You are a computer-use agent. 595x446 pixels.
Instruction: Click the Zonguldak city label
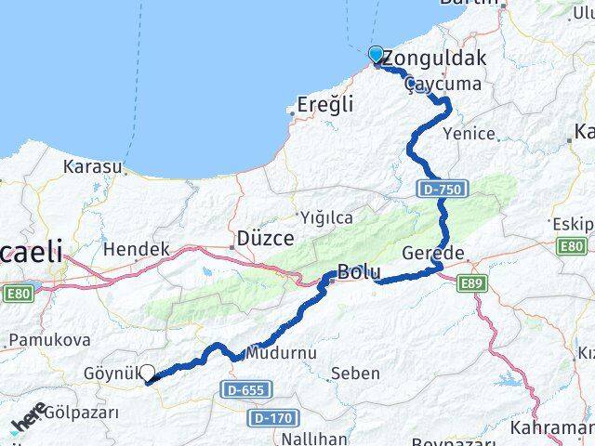tap(434, 59)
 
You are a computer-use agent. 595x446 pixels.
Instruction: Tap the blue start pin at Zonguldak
tap(376, 55)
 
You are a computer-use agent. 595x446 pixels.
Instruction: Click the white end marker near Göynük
tap(147, 374)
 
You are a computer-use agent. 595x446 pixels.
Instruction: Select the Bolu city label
tap(359, 272)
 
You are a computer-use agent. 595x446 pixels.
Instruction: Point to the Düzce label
tap(266, 237)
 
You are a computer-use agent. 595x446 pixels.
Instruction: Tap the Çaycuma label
tap(443, 84)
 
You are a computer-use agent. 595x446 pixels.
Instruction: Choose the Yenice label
tap(469, 133)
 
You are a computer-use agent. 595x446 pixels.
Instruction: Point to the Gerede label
tap(433, 254)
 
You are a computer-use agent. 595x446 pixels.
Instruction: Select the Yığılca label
tap(326, 217)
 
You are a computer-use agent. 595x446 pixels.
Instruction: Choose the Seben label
tap(355, 374)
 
